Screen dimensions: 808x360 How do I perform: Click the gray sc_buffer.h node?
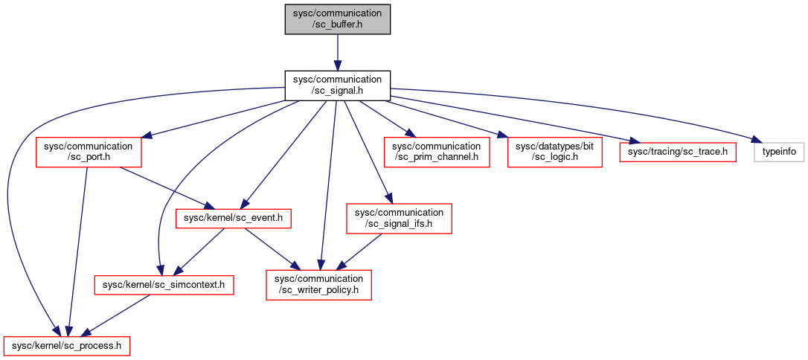[x=338, y=19]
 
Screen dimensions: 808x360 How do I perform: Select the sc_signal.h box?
[x=338, y=86]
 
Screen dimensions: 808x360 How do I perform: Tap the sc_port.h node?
[x=89, y=152]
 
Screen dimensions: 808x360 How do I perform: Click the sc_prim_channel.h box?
[x=437, y=152]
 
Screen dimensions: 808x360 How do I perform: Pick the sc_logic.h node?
[x=554, y=152]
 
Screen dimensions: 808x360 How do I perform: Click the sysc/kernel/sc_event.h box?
[x=234, y=218]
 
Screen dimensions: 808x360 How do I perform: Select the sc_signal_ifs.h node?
[x=399, y=218]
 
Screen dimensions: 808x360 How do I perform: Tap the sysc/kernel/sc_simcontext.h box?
[x=164, y=284]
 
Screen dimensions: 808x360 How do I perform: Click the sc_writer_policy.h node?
[x=318, y=284]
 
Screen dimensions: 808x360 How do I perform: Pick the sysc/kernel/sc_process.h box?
[x=66, y=346]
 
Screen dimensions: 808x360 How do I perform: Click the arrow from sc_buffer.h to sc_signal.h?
[x=338, y=53]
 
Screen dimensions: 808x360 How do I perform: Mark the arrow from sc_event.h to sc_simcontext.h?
[x=200, y=251]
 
